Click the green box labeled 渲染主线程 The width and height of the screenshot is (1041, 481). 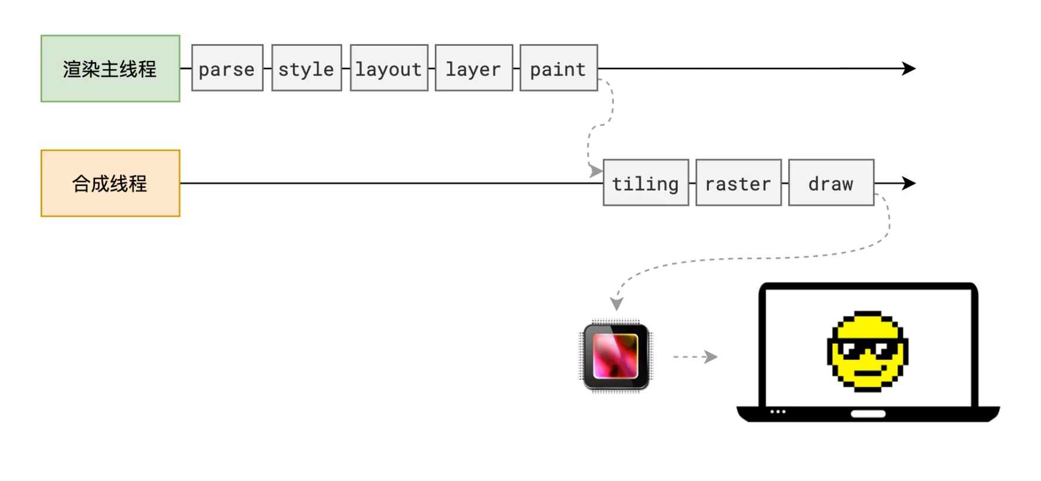pyautogui.click(x=110, y=69)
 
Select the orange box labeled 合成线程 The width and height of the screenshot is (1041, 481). pyautogui.click(x=110, y=184)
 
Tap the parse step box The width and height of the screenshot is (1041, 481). pyautogui.click(x=227, y=68)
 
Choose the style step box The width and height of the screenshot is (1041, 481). pyautogui.click(x=307, y=68)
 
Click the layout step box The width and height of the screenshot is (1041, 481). pyautogui.click(x=389, y=68)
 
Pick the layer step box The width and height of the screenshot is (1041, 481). pyautogui.click(x=474, y=68)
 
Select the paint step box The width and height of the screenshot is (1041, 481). pyautogui.click(x=559, y=68)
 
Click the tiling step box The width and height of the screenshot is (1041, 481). pyautogui.click(x=646, y=183)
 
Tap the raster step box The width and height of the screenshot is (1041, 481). pyautogui.click(x=739, y=183)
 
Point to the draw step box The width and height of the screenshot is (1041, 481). pyautogui.click(x=831, y=183)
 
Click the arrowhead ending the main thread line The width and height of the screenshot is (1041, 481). pyautogui.click(x=909, y=69)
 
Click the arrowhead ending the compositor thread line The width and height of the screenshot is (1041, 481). pyautogui.click(x=909, y=184)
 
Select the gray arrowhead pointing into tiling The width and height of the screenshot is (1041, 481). pyautogui.click(x=596, y=171)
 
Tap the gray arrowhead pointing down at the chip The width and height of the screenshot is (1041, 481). pyautogui.click(x=617, y=304)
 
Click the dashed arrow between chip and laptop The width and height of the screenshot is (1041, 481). pyautogui.click(x=695, y=357)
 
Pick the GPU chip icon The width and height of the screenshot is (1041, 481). pyautogui.click(x=616, y=357)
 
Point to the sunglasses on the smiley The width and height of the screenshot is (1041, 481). pyautogui.click(x=867, y=349)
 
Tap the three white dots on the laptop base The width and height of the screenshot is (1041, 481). pyautogui.click(x=778, y=412)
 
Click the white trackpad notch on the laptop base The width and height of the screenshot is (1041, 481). pyautogui.click(x=868, y=414)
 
